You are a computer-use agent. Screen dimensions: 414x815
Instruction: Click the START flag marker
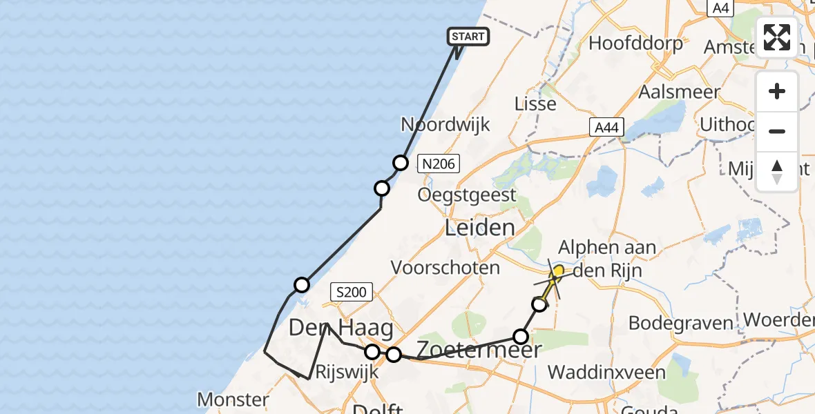[468, 37]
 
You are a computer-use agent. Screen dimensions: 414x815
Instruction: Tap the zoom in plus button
[777, 92]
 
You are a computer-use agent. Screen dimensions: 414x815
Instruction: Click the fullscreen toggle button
[777, 37]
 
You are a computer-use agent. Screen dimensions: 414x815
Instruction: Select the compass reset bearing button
[777, 171]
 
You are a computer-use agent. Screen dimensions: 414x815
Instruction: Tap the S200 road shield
[352, 293]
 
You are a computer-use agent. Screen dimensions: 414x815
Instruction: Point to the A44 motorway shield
[607, 127]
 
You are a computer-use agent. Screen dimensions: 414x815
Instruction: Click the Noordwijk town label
[445, 125]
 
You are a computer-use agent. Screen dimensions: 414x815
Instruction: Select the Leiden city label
[480, 228]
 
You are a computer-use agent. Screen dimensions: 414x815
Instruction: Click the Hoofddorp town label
[635, 43]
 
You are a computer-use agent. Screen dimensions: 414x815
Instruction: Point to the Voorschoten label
[445, 267]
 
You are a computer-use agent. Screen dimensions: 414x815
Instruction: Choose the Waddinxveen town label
[606, 373]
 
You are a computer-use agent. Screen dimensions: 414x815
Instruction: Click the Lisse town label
[535, 103]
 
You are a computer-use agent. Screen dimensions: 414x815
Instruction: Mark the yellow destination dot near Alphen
[558, 271]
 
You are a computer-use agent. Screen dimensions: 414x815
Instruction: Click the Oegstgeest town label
[467, 195]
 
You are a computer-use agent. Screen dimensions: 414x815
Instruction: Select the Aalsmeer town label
[680, 92]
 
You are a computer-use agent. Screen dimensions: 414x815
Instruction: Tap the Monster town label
[233, 399]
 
